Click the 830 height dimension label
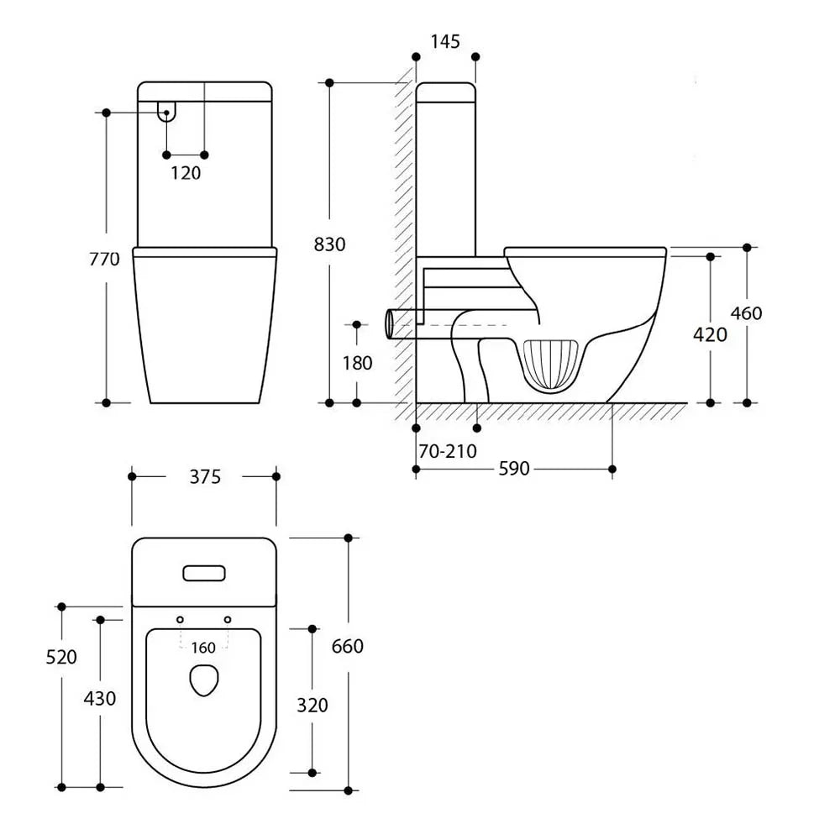329,244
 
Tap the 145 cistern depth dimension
445,41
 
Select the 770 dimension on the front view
104,260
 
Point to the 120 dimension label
186,173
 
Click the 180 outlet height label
357,363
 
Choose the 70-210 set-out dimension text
448,452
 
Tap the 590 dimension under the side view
514,469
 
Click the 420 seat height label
710,335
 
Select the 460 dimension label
746,312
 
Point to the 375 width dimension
205,477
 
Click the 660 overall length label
347,646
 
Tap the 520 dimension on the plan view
61,657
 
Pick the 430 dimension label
100,699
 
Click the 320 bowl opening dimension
312,705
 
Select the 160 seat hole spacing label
203,648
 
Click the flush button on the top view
204,573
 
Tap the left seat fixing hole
180,620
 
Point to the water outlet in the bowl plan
204,680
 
